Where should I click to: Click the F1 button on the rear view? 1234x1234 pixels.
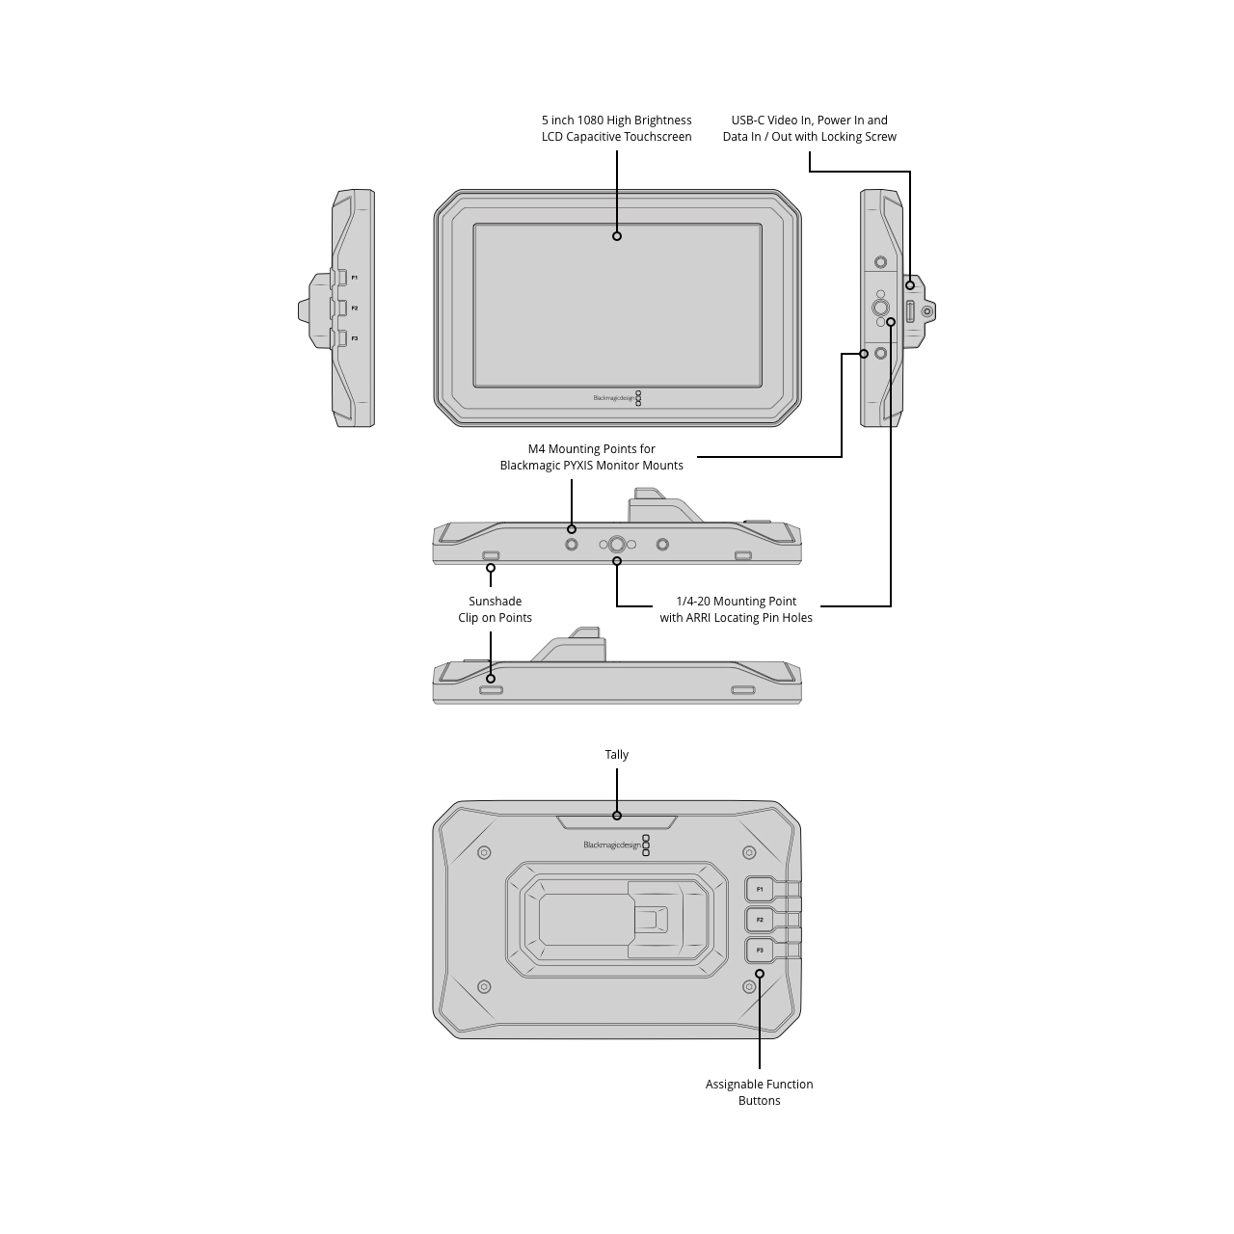[x=760, y=889]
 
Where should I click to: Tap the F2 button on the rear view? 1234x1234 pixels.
[x=760, y=920]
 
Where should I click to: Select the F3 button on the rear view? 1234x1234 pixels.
[x=760, y=951]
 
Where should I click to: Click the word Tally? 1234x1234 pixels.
[x=617, y=754]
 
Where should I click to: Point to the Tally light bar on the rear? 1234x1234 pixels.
[x=617, y=822]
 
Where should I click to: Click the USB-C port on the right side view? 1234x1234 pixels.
[x=910, y=311]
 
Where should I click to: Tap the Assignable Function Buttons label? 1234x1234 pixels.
[x=759, y=1092]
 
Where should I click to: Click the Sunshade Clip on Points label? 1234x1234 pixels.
[x=495, y=609]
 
